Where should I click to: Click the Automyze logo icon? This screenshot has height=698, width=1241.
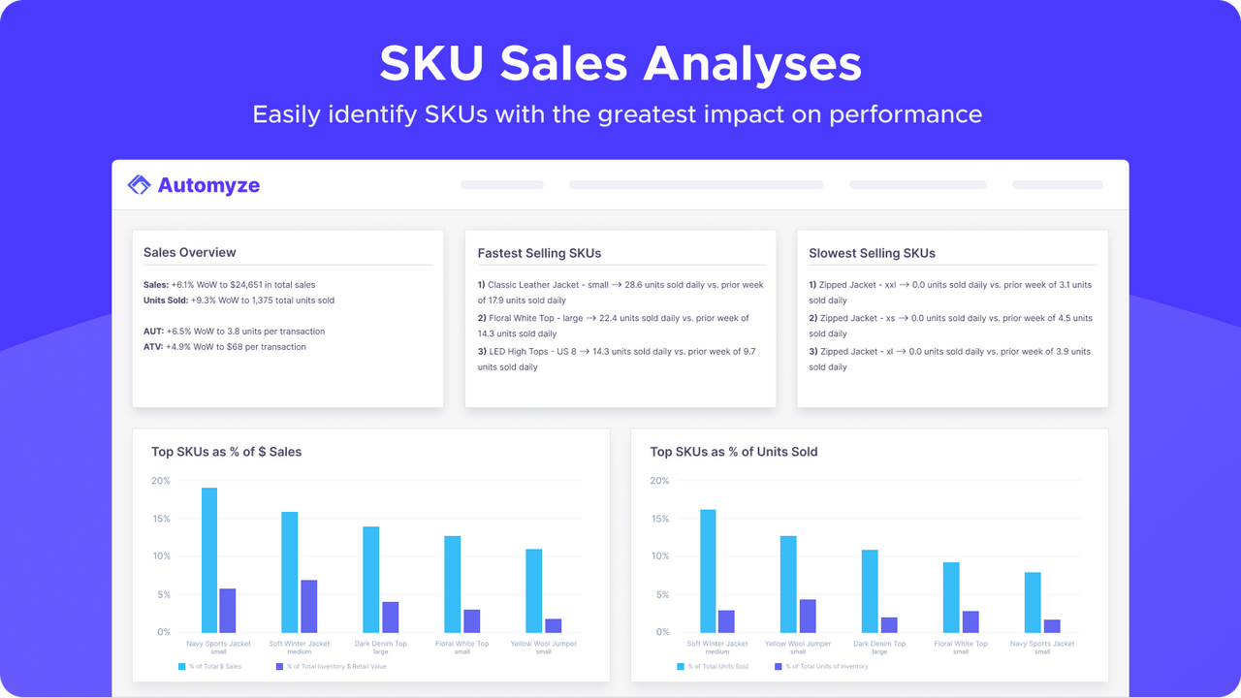tap(140, 185)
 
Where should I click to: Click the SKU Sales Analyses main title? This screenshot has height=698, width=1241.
tap(620, 64)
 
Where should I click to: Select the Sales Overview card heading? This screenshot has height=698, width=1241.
tap(190, 252)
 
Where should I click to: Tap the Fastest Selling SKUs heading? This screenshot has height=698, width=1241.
tap(539, 253)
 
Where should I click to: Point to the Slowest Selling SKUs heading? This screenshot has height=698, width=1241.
tap(872, 253)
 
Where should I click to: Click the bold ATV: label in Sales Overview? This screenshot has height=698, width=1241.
tap(153, 347)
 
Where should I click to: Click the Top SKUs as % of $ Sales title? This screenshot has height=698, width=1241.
tap(226, 452)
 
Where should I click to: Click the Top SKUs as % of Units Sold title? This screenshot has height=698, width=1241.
tap(733, 452)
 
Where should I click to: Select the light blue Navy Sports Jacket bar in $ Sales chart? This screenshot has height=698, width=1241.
tap(209, 559)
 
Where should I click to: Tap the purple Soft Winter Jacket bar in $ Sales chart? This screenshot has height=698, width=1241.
tap(308, 606)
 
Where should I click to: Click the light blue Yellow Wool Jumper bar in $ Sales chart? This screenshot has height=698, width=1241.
tap(534, 590)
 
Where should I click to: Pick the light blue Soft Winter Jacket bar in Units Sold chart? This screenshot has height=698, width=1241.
tap(708, 570)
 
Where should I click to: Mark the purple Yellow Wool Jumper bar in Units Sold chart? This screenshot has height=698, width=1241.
tap(807, 616)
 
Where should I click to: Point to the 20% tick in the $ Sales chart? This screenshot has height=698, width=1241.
tap(160, 481)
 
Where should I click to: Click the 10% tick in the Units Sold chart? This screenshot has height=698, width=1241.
tap(659, 556)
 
